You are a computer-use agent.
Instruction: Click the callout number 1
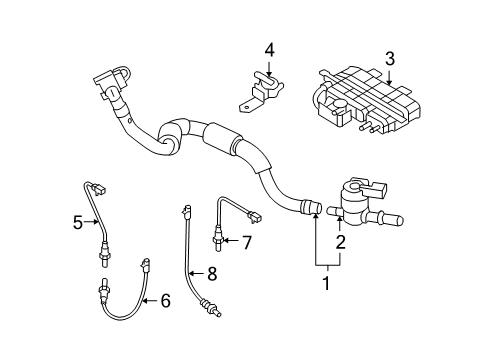pyautogui.click(x=327, y=283)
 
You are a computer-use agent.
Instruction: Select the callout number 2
pyautogui.click(x=340, y=242)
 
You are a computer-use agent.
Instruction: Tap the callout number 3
pyautogui.click(x=390, y=59)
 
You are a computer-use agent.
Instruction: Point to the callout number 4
pyautogui.click(x=270, y=51)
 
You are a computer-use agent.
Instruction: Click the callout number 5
pyautogui.click(x=78, y=222)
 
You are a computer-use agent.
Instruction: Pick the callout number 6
pyautogui.click(x=166, y=301)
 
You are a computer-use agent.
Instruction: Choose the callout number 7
pyautogui.click(x=246, y=242)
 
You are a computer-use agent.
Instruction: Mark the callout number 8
pyautogui.click(x=212, y=274)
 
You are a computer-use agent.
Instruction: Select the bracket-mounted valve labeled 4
pyautogui.click(x=262, y=91)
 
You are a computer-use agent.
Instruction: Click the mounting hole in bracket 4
pyautogui.click(x=246, y=107)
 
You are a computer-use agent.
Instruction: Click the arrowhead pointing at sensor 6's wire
pyautogui.click(x=145, y=301)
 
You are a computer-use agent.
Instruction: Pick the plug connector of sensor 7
pyautogui.click(x=254, y=217)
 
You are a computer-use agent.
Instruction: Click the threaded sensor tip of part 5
pyautogui.click(x=103, y=260)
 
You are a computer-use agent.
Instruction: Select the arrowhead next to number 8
pyautogui.click(x=191, y=274)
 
